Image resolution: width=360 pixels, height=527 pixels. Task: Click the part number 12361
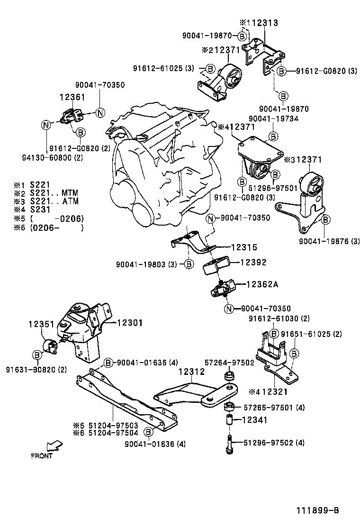point(72,97)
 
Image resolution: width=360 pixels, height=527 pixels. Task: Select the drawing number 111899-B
point(318,510)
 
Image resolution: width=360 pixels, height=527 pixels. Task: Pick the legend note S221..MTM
point(54,193)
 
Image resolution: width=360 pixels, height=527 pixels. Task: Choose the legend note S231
point(40,210)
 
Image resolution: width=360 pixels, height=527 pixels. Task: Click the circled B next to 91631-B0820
point(37,354)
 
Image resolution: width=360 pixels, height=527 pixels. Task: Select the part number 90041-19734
point(273,118)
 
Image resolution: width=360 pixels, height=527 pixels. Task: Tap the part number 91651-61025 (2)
point(311,334)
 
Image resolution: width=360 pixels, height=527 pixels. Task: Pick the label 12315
point(244,247)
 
